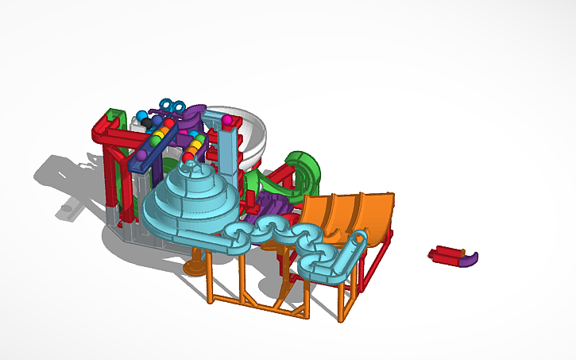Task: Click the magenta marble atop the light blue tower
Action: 226,120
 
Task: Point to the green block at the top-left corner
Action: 114,115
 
